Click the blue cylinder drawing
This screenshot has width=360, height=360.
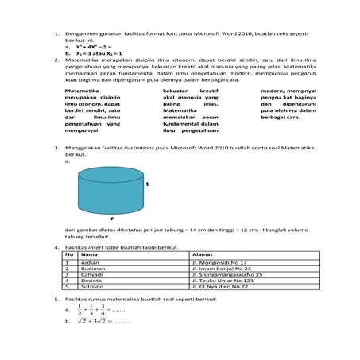110,188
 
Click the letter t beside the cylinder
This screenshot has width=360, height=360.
148,184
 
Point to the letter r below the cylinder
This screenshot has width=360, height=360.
111,216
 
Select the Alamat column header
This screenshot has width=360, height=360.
202,254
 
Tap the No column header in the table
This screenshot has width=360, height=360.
70,254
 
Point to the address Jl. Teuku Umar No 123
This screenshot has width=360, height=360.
223,281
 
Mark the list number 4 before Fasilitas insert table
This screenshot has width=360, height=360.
56,247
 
